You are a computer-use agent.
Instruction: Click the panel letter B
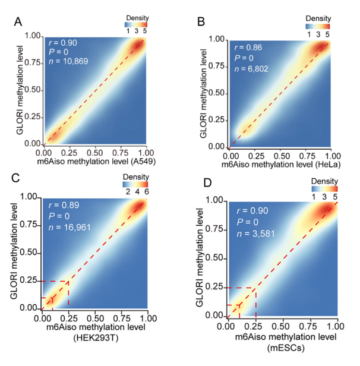(x=201, y=22)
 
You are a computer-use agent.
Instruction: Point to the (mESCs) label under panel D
(x=282, y=348)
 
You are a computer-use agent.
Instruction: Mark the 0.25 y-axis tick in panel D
(x=215, y=288)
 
